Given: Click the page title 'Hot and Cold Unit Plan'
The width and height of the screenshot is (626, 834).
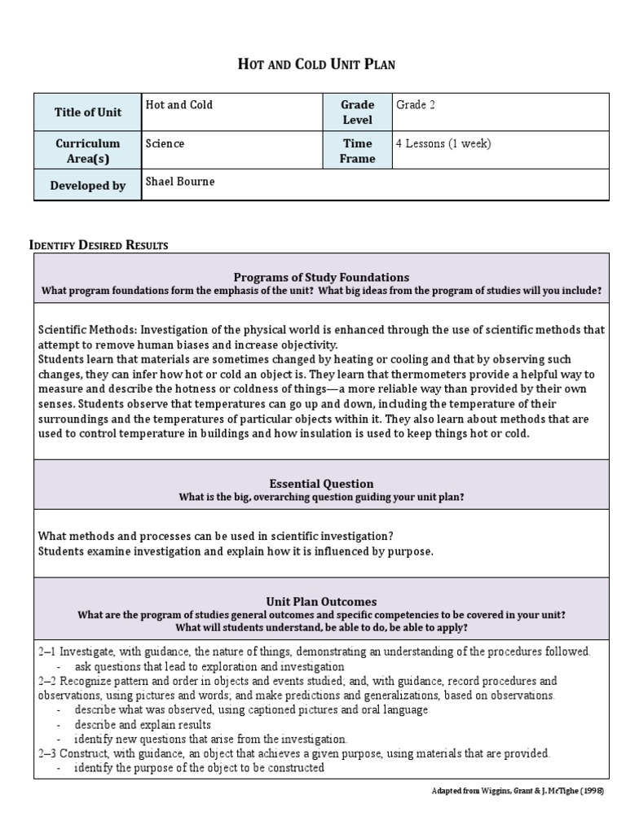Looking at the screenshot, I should (315, 64).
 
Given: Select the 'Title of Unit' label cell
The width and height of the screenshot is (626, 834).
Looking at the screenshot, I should (87, 112).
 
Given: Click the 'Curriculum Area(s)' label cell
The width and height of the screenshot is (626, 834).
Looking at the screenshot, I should (87, 151).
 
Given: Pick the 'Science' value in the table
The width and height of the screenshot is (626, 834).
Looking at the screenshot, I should (165, 143).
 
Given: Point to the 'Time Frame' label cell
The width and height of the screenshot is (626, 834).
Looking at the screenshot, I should (357, 151).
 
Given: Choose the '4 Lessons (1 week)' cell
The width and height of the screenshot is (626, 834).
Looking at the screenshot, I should (443, 143).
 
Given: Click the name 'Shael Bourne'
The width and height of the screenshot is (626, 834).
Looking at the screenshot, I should (180, 181).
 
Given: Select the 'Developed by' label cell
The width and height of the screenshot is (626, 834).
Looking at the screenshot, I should (87, 186).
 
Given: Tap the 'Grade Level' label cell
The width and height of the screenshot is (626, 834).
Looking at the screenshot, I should (357, 112).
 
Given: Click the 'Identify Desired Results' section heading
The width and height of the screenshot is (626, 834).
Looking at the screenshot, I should (99, 245).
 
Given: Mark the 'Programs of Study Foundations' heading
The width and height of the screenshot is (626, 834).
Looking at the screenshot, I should (321, 277).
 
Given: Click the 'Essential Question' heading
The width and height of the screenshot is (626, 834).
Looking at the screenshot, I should (321, 483).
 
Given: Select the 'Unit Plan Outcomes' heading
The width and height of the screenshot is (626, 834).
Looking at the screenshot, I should (321, 601).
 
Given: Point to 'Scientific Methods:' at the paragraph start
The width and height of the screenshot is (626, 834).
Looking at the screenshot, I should (88, 330).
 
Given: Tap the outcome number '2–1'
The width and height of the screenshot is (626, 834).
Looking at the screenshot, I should (46, 652).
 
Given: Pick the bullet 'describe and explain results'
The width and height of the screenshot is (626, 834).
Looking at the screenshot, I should (143, 724).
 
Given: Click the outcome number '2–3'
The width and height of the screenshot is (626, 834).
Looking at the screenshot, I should (46, 753).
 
